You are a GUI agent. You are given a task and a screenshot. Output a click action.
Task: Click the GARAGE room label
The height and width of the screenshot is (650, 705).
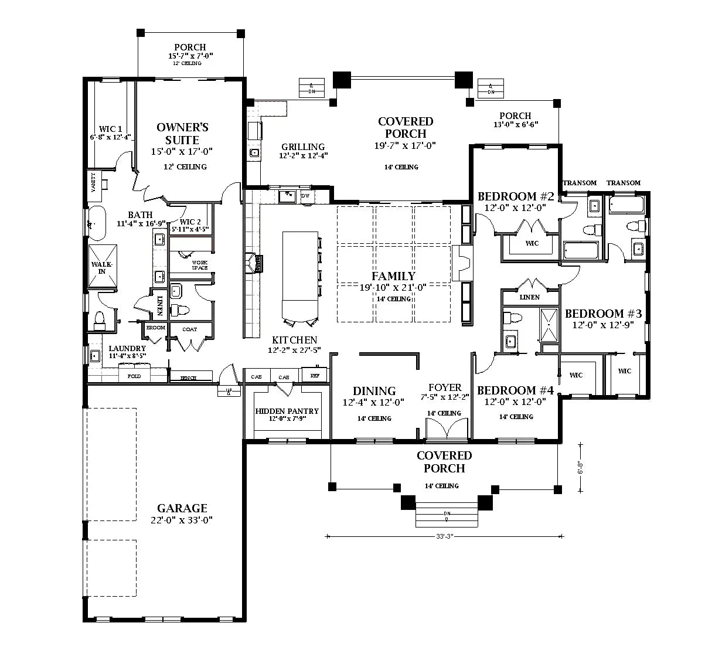182,508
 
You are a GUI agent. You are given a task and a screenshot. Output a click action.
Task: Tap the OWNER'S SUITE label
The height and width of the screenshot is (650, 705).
182,134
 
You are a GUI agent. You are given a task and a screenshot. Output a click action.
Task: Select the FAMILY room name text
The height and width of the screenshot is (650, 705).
393,276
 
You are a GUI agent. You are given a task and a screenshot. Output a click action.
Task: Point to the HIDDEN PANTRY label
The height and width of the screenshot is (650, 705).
287,411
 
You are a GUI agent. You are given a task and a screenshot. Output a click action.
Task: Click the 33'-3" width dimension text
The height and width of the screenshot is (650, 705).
445,536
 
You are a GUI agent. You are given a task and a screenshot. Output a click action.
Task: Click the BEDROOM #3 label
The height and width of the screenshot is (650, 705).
603,314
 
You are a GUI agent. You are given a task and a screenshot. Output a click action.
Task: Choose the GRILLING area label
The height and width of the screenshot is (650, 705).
303,147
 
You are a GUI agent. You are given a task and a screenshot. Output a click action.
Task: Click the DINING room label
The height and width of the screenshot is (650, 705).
374,391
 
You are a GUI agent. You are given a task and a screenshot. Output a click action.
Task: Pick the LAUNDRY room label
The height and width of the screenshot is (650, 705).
127,348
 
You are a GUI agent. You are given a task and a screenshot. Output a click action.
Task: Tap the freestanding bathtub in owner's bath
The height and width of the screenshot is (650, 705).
97,223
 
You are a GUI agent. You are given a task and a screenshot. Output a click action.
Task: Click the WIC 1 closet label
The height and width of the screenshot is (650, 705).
110,129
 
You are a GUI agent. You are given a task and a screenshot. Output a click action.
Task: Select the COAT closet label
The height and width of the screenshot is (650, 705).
189,329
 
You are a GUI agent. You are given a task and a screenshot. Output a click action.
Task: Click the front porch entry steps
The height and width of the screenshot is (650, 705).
447,515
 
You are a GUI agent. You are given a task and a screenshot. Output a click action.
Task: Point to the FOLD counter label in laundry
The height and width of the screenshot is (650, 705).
134,376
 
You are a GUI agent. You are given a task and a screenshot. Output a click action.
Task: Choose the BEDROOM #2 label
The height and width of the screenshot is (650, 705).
516,196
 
